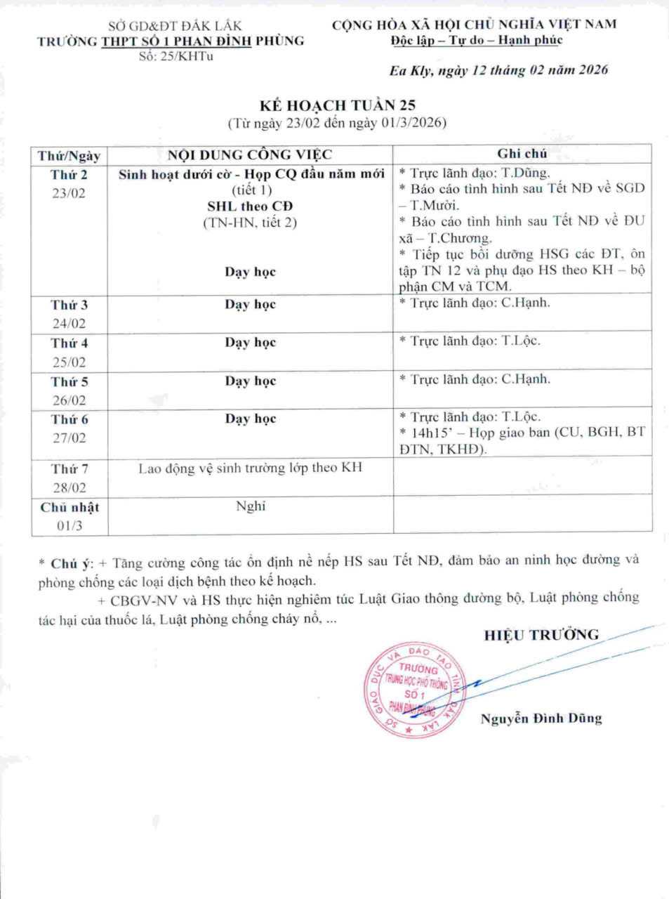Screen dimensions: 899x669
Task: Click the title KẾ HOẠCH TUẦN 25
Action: point(337,105)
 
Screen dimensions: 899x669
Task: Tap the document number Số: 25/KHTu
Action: point(176,56)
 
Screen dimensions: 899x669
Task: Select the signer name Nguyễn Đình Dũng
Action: point(541,718)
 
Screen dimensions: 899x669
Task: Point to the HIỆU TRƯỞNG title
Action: point(541,635)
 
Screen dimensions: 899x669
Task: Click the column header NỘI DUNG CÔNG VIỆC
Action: point(250,155)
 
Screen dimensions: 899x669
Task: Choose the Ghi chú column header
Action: point(522,154)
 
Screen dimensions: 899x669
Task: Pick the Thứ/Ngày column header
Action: point(69,155)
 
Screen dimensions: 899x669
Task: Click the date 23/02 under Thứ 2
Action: point(69,193)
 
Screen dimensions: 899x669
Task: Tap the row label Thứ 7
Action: point(69,468)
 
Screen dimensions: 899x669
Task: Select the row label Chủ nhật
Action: point(69,507)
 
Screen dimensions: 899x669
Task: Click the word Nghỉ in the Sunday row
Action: point(251,506)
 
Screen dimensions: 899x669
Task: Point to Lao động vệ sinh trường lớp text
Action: point(250,468)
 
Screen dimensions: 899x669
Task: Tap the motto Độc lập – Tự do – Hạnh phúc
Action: point(477,40)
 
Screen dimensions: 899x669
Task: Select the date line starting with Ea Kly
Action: point(498,70)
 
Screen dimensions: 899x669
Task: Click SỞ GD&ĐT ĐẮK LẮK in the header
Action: point(175,26)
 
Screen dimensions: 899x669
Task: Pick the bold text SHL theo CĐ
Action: point(250,206)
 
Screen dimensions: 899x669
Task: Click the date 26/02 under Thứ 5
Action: point(69,400)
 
